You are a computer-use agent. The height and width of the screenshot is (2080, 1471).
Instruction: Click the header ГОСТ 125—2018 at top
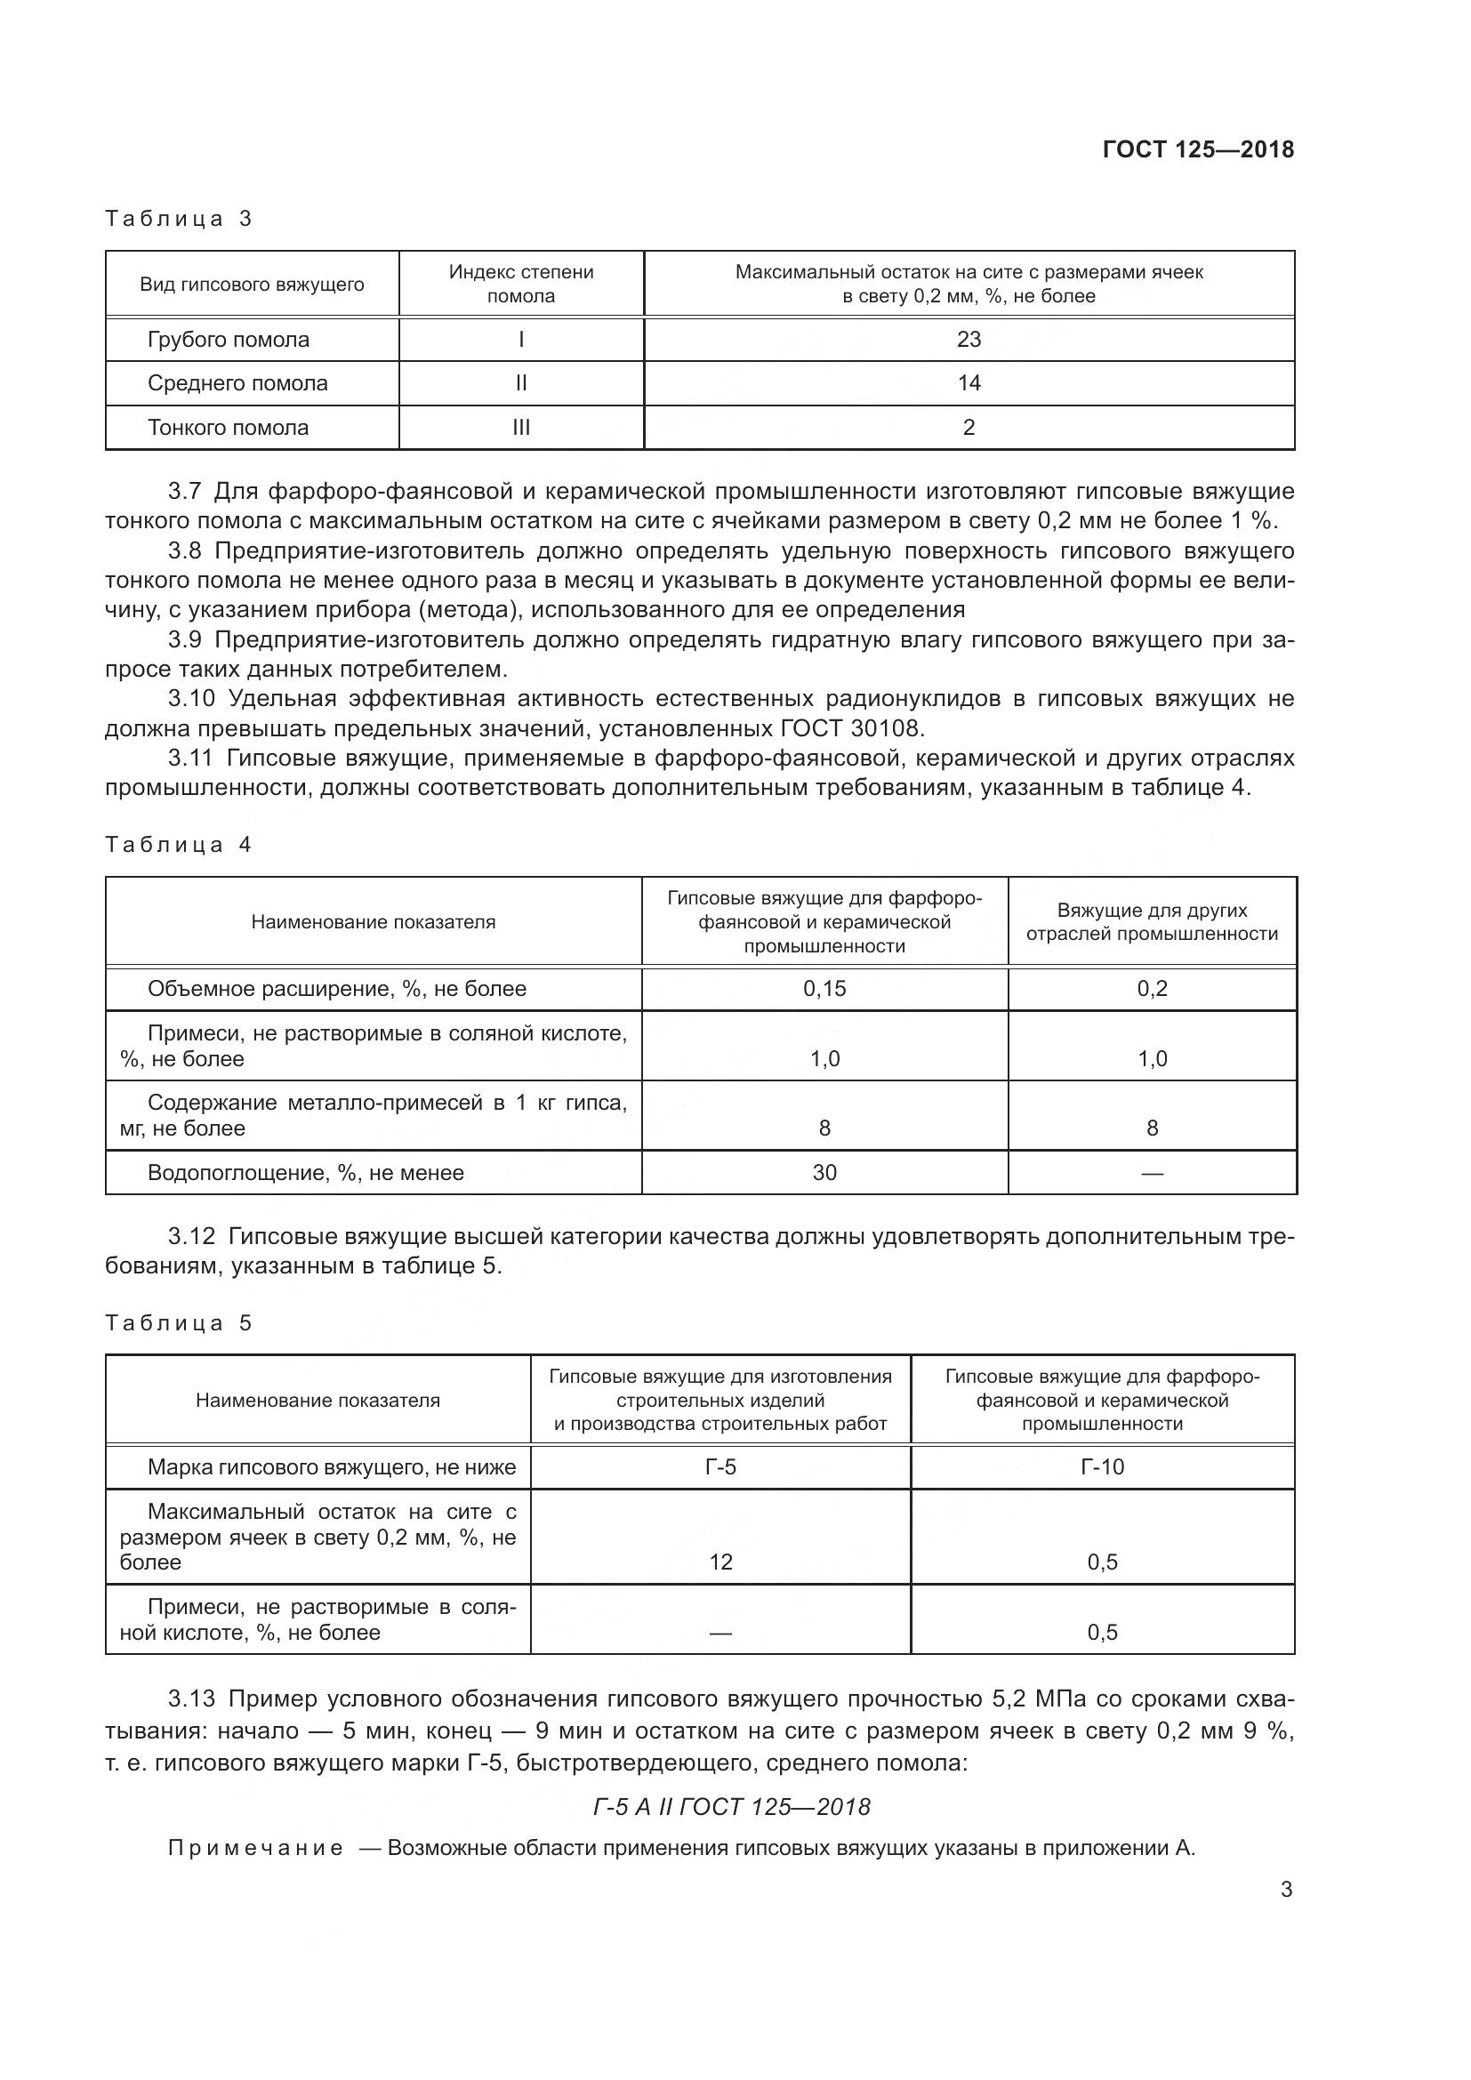[1197, 149]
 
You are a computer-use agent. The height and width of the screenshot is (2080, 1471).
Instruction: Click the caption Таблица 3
[179, 219]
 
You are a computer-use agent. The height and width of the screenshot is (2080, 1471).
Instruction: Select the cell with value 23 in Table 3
[969, 340]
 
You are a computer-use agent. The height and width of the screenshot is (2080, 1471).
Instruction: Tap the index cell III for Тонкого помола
[521, 428]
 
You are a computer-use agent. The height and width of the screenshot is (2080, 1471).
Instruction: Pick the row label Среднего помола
[237, 383]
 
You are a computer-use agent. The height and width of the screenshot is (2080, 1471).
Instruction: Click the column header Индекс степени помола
[521, 285]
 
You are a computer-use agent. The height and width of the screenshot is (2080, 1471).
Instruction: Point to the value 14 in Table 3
[969, 383]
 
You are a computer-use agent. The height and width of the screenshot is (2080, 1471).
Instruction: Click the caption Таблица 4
[179, 844]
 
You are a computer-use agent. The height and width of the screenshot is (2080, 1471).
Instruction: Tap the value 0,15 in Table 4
[824, 988]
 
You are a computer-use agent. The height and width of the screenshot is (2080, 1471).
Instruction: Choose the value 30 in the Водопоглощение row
[824, 1172]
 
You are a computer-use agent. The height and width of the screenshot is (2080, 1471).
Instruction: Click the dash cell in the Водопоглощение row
[1151, 1173]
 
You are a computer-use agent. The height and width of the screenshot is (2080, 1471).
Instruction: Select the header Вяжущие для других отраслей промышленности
[1151, 922]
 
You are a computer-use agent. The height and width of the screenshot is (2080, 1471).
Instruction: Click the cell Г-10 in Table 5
[1101, 1466]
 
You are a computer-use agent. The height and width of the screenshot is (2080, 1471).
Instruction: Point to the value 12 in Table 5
[720, 1562]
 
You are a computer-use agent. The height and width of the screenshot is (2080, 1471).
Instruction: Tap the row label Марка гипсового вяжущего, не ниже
[332, 1466]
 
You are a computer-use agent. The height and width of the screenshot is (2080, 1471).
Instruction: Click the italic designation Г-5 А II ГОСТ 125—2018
[732, 1807]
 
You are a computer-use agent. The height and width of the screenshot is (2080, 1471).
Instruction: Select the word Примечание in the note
[256, 1848]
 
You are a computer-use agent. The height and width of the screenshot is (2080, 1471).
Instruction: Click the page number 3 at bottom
[1285, 1890]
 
